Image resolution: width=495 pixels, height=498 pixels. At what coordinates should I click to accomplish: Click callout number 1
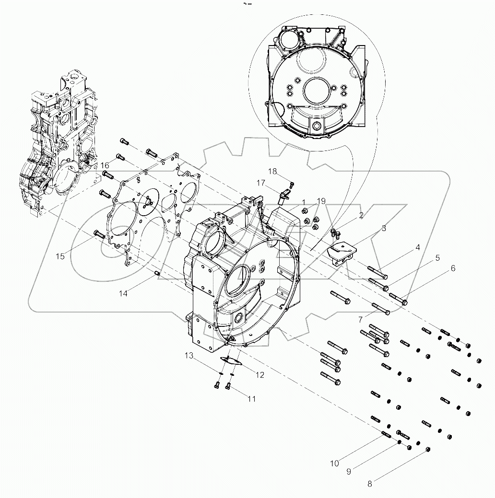(303, 202)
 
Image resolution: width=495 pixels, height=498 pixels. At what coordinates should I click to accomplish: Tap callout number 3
(384, 229)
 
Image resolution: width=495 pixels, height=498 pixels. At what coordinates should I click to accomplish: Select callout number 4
(418, 248)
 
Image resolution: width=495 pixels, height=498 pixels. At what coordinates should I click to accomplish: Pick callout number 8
(369, 484)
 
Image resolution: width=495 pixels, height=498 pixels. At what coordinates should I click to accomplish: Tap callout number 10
(334, 463)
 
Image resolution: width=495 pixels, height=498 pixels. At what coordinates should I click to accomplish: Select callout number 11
(251, 398)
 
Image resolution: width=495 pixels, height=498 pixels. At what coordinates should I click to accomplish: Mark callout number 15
(60, 256)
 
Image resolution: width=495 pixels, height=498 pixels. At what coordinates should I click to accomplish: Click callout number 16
(105, 165)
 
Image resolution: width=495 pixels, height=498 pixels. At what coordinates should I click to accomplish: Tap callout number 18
(272, 171)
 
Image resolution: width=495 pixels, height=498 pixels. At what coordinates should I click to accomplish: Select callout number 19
(321, 200)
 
